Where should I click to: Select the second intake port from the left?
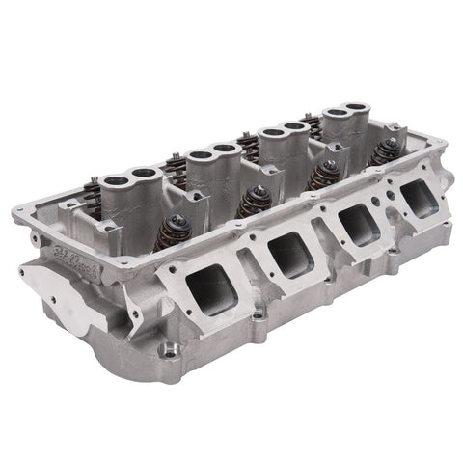287,254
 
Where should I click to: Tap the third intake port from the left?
354,224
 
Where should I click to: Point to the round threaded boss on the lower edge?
171,349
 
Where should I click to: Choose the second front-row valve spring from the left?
255,198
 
